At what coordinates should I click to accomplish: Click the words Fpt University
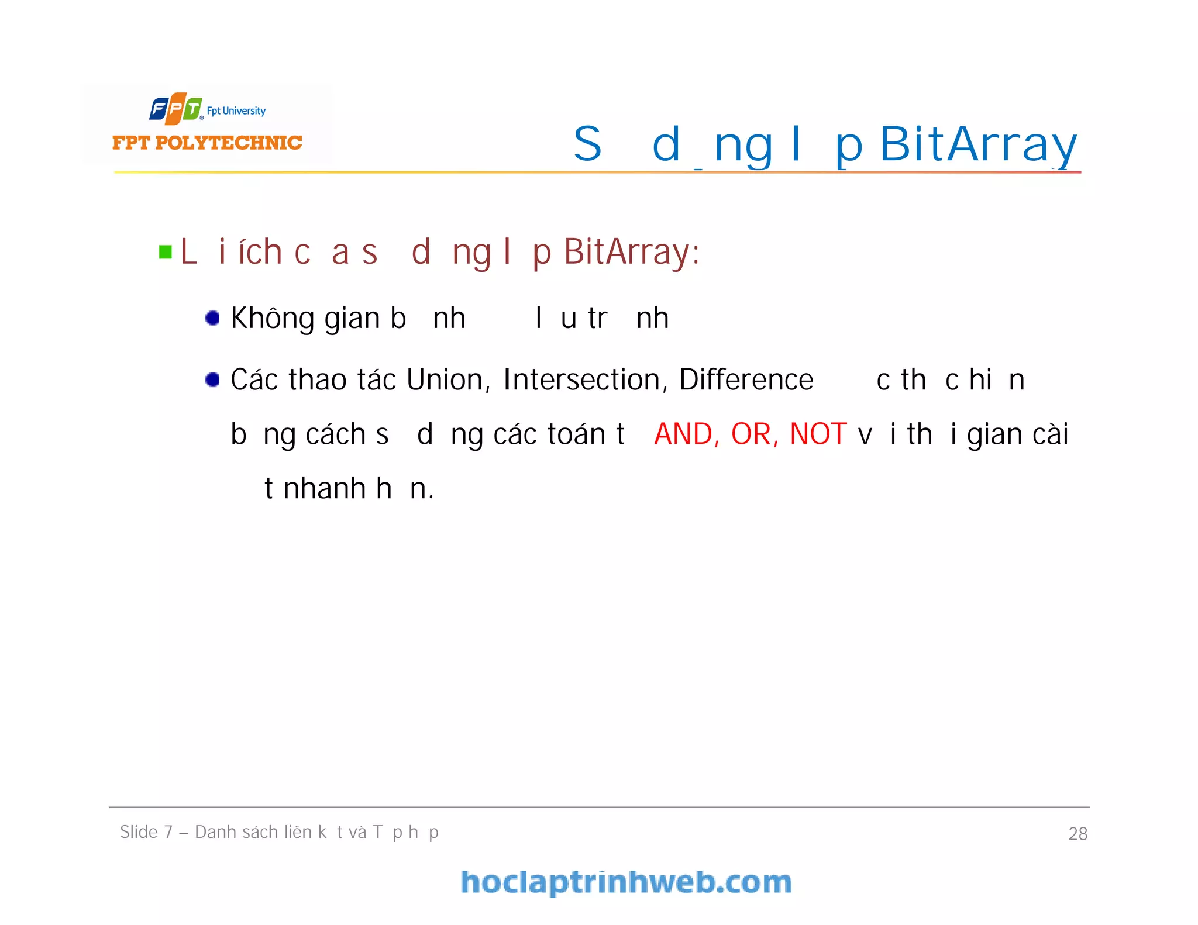(x=236, y=111)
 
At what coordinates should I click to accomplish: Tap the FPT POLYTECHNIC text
(x=207, y=143)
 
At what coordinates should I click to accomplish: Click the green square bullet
(x=166, y=252)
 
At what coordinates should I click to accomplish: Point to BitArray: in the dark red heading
(x=632, y=252)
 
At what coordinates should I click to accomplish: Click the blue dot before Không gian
(x=212, y=318)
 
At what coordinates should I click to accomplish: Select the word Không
(x=273, y=319)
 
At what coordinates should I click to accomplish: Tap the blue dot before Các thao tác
(x=212, y=379)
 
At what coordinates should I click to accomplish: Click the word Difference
(x=746, y=379)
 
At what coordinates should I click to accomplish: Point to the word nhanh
(x=325, y=488)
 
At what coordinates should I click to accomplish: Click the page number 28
(x=1077, y=833)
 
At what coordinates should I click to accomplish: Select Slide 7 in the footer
(x=146, y=831)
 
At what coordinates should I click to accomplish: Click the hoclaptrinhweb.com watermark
(x=626, y=882)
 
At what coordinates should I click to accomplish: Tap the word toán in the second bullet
(x=576, y=434)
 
